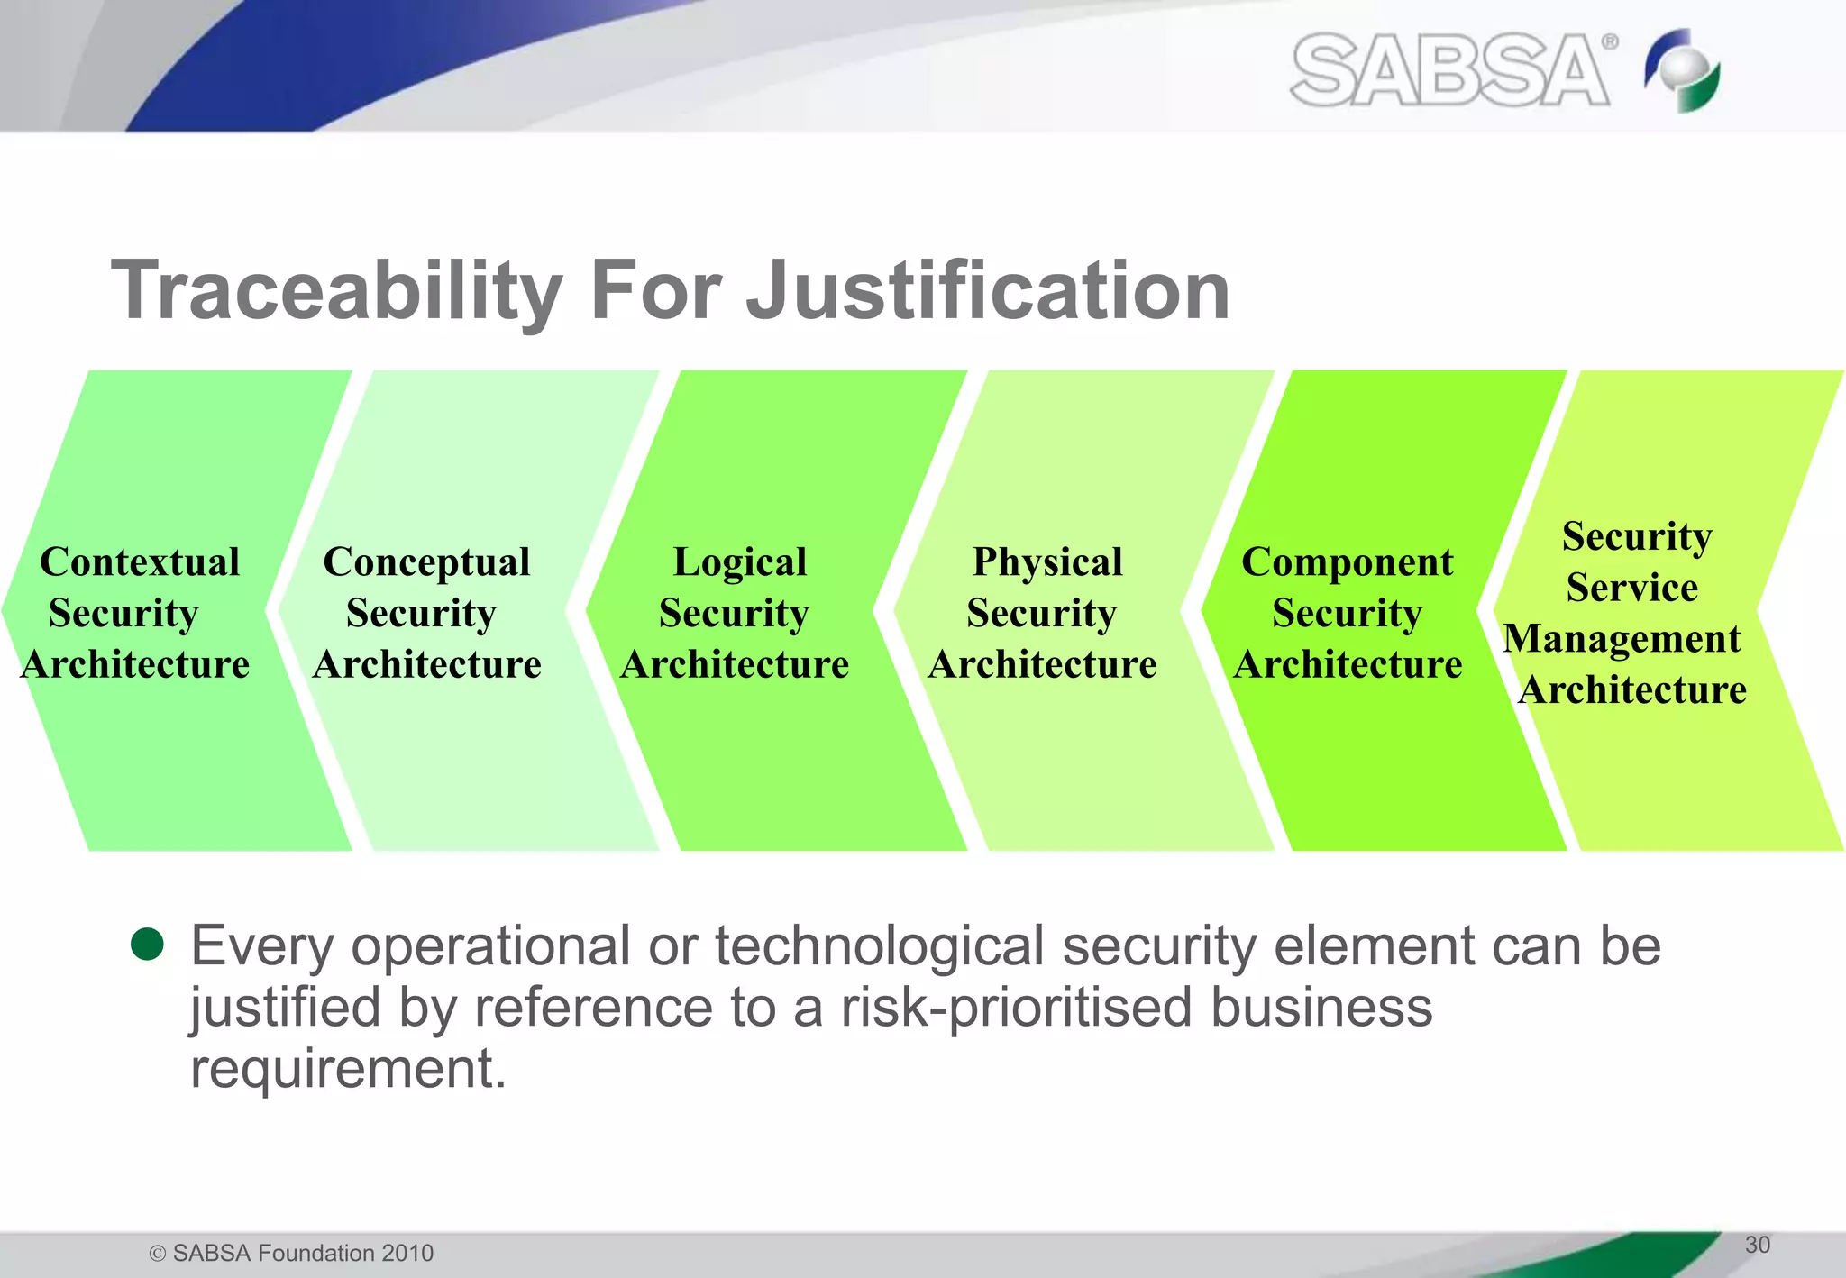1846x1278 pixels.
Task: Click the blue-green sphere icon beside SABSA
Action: click(x=1682, y=70)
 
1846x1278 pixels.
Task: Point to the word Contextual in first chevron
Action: click(x=140, y=562)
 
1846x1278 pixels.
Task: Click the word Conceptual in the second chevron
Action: click(x=426, y=562)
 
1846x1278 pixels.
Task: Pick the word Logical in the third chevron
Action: click(x=739, y=562)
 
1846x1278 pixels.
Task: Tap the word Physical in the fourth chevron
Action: click(x=1047, y=562)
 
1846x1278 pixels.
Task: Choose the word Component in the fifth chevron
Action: click(x=1347, y=562)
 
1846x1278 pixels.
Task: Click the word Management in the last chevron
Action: click(x=1622, y=639)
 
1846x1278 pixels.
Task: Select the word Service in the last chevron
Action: click(x=1631, y=588)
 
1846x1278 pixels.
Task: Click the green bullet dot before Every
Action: click(x=147, y=944)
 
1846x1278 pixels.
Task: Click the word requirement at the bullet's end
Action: click(x=348, y=1069)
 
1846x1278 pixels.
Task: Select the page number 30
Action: click(x=1757, y=1245)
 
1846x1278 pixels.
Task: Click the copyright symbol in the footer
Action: click(x=158, y=1254)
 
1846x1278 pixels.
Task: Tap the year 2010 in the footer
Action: click(x=407, y=1253)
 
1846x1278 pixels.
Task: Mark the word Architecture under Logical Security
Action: click(x=735, y=665)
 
